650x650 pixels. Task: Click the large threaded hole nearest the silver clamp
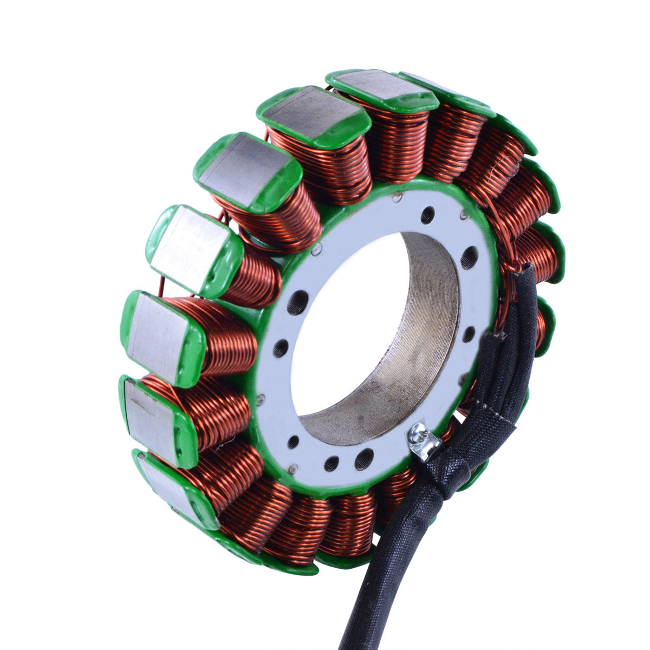click(x=364, y=458)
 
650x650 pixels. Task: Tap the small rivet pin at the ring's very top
click(x=399, y=197)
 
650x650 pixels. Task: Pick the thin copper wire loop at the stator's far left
click(x=161, y=287)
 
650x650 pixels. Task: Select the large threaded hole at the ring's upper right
click(x=469, y=257)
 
